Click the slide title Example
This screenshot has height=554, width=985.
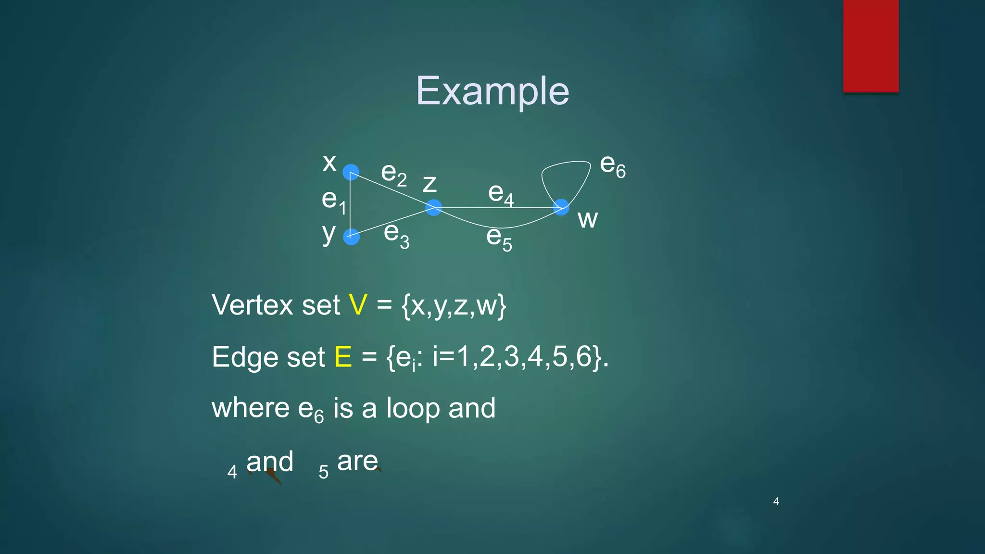pyautogui.click(x=492, y=91)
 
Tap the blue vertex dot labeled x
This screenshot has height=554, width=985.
pyautogui.click(x=351, y=172)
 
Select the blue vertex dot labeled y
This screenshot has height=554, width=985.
pyautogui.click(x=351, y=237)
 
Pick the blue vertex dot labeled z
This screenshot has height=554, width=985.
pyautogui.click(x=433, y=208)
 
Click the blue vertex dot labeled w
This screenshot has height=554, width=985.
pyautogui.click(x=561, y=208)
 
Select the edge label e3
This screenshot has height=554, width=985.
pyautogui.click(x=396, y=235)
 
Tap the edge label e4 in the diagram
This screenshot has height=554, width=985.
pyautogui.click(x=501, y=194)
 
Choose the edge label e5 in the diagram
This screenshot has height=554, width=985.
pyautogui.click(x=499, y=238)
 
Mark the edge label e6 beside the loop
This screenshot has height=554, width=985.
pyautogui.click(x=613, y=165)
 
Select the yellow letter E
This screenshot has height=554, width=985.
pyautogui.click(x=343, y=357)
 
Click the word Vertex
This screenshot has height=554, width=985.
pyautogui.click(x=253, y=305)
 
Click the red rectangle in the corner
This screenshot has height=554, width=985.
pyautogui.click(x=871, y=46)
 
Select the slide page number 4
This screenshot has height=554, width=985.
pyautogui.click(x=776, y=502)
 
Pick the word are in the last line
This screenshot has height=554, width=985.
pyautogui.click(x=357, y=462)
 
